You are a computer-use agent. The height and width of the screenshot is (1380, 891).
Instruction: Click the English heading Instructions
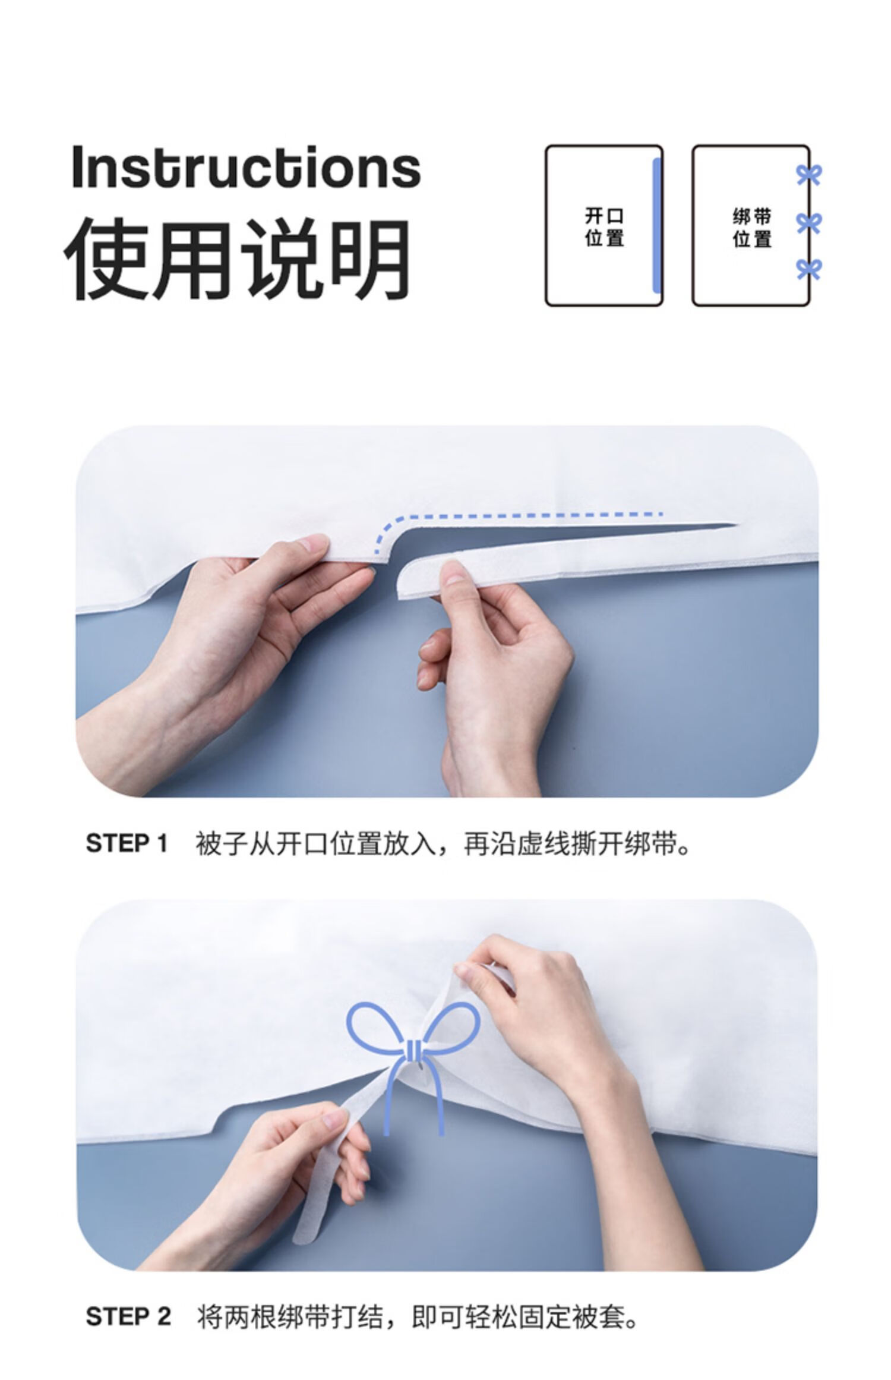pos(246,167)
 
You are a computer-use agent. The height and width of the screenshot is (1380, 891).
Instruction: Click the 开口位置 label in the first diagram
pos(604,226)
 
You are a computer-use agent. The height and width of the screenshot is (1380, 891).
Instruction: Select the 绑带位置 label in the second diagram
pos(751,227)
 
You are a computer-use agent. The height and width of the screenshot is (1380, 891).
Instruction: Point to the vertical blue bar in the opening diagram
pos(656,226)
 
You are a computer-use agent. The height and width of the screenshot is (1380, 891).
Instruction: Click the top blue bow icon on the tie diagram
pos(808,175)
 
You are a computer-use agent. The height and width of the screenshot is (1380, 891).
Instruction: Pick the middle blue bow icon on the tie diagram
pos(808,223)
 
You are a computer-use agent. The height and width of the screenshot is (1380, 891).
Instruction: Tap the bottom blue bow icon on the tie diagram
pos(808,269)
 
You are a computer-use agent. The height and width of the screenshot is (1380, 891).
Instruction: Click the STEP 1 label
pos(127,844)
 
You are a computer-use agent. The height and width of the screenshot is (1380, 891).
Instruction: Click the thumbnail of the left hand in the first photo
pos(312,543)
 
